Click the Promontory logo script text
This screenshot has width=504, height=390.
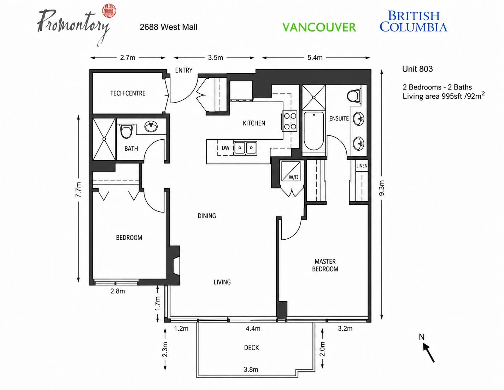(73, 25)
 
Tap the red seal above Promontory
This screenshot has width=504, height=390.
(109, 11)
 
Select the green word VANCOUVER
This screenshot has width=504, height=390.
(319, 27)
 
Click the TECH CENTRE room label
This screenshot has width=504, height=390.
(128, 93)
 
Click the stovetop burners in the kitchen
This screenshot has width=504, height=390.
(290, 121)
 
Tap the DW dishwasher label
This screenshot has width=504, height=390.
(225, 148)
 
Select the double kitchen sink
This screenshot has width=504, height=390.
(245, 148)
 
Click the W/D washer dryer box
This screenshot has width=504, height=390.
(291, 171)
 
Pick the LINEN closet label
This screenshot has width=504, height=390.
(362, 165)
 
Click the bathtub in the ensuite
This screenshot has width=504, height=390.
(313, 131)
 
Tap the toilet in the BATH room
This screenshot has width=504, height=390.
(126, 131)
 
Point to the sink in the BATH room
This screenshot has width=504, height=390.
(151, 126)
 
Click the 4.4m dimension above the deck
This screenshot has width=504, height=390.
(253, 328)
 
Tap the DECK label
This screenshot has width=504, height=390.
(251, 348)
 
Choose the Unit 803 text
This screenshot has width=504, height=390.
(417, 69)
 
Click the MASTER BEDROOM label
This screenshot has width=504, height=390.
(325, 265)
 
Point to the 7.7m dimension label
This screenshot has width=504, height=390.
(78, 190)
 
